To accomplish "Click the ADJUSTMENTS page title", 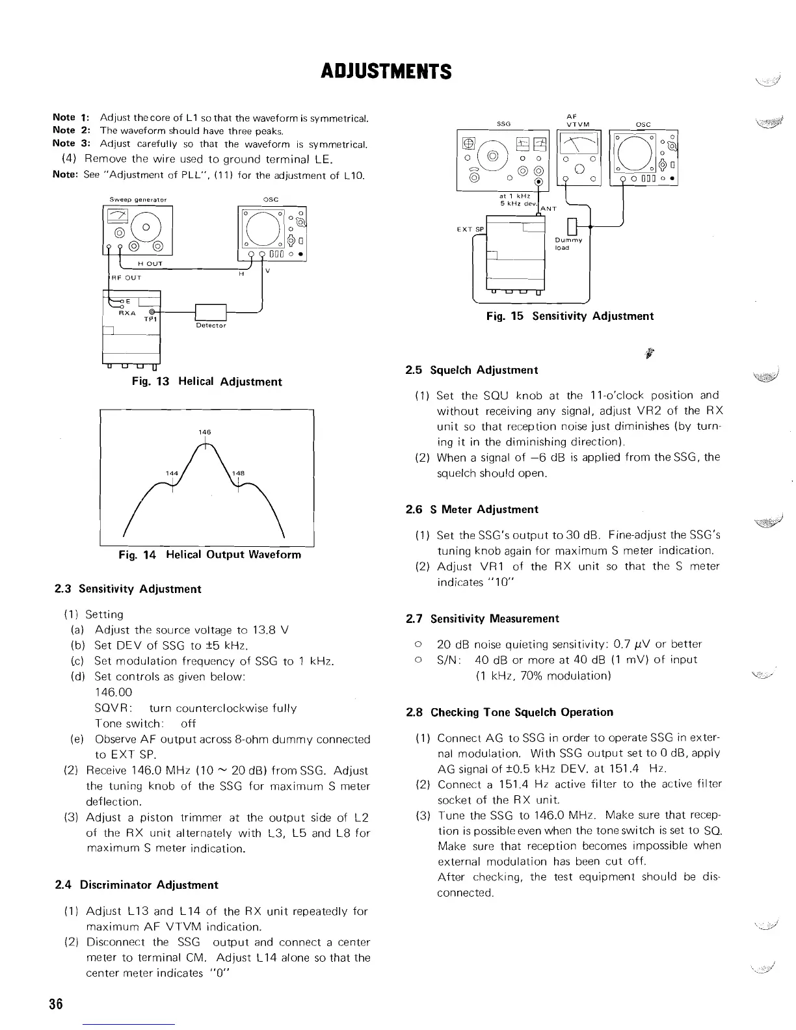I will click(386, 71).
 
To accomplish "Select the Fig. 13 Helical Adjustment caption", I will click(207, 382).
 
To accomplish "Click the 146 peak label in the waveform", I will click(205, 432).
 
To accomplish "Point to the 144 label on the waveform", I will click(172, 473).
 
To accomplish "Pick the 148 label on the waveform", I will click(238, 473).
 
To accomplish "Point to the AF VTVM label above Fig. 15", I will click(577, 120).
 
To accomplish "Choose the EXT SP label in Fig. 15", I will click(471, 230).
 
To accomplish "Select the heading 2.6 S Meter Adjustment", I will click(471, 510).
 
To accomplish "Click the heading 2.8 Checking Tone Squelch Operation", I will click(509, 712).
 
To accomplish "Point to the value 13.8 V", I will click(275, 630).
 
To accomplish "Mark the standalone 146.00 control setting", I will click(113, 693).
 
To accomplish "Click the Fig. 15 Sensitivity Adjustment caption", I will click(570, 316).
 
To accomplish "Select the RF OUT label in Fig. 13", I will click(127, 278).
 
